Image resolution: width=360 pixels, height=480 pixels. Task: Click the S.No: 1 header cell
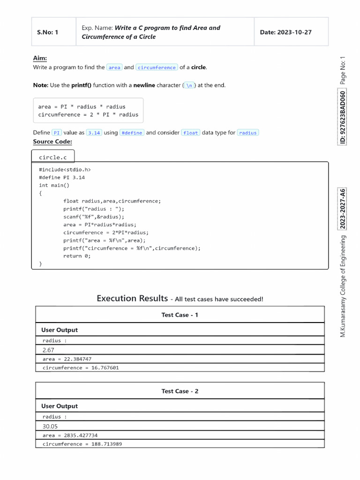click(47, 32)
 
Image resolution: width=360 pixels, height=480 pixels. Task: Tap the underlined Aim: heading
click(40, 58)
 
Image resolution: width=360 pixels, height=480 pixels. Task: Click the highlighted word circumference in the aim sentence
click(157, 67)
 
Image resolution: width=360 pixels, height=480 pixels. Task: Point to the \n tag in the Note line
click(189, 85)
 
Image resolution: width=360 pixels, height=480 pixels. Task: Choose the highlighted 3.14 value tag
click(94, 133)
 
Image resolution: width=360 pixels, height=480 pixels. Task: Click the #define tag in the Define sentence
click(132, 133)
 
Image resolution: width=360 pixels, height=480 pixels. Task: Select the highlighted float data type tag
click(191, 133)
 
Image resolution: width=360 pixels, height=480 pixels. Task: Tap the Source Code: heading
click(52, 142)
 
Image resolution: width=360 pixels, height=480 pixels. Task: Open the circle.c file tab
click(52, 157)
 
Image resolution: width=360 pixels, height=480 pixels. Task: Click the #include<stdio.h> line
click(65, 170)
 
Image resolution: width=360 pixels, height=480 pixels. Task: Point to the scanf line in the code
click(94, 217)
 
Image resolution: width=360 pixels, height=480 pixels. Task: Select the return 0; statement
click(77, 256)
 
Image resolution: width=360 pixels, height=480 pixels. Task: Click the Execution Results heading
click(132, 299)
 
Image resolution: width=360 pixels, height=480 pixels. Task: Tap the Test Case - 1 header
click(180, 315)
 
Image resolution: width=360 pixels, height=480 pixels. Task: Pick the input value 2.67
click(49, 350)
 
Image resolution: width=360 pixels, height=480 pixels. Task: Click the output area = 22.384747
click(67, 359)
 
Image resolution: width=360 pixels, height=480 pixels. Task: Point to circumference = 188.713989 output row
click(82, 444)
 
